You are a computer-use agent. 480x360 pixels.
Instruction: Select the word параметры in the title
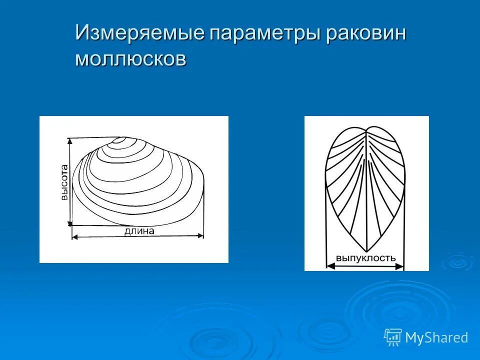[x=258, y=34]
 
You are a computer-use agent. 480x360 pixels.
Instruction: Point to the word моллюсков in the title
[x=131, y=58]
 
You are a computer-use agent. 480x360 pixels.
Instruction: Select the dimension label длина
[x=139, y=231]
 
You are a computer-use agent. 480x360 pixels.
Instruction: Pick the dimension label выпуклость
[x=365, y=258]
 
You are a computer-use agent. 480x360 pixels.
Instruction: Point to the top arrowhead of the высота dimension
[x=70, y=141]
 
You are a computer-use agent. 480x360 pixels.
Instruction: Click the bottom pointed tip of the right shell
[x=366, y=250]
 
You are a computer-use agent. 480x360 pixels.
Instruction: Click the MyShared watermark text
[x=436, y=338]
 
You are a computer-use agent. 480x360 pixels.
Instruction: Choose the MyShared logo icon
[x=393, y=337]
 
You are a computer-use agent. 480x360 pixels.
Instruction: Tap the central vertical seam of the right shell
[x=366, y=190]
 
